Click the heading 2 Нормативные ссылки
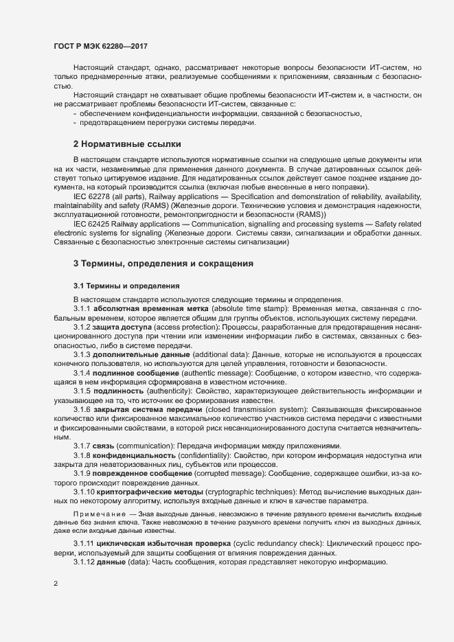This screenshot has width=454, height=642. [127, 144]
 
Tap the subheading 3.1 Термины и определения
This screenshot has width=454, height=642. [126, 286]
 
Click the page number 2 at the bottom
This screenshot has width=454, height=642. [55, 585]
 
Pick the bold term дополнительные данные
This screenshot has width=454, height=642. [135, 354]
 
